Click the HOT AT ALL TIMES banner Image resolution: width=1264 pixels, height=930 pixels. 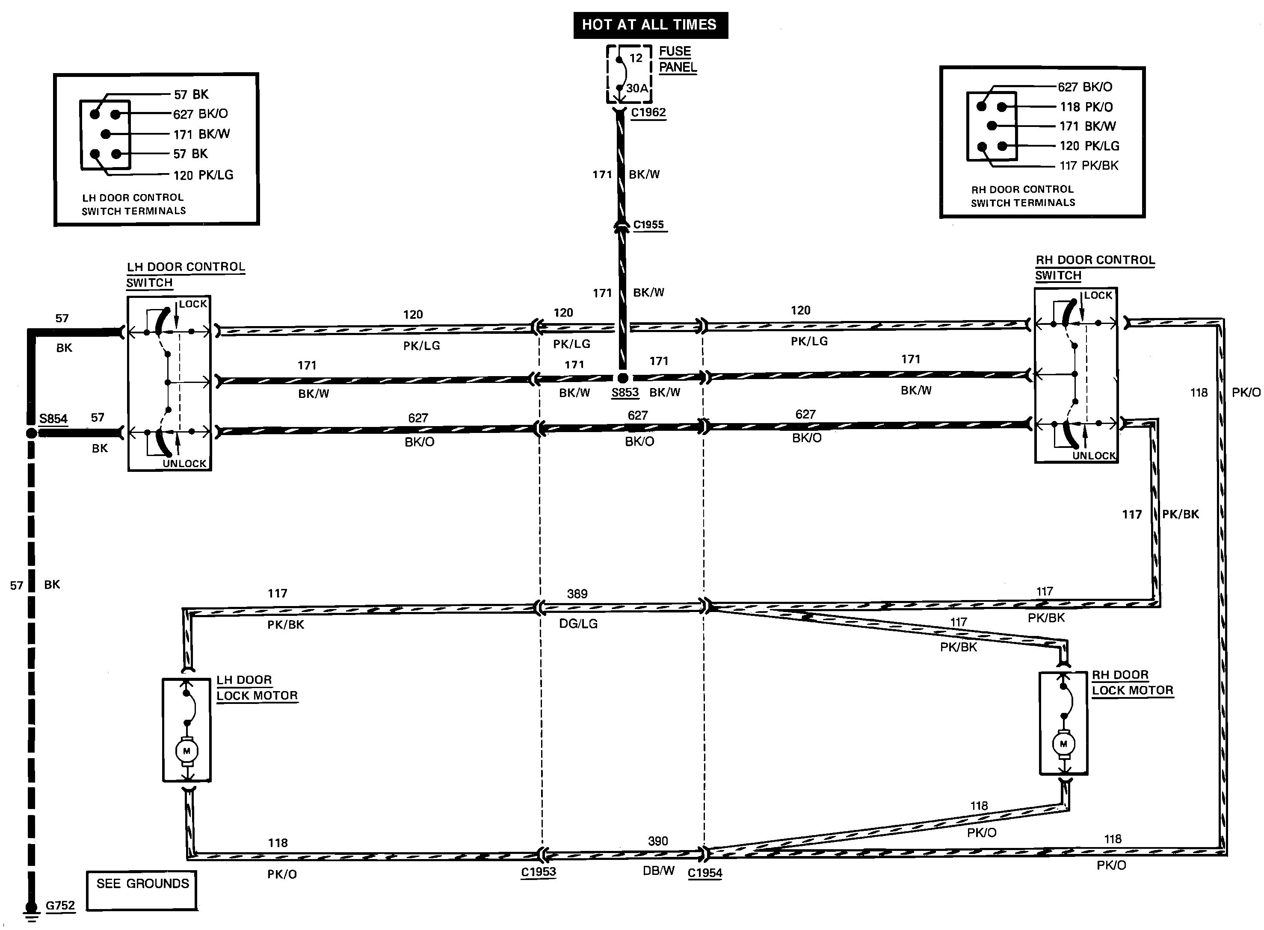click(650, 25)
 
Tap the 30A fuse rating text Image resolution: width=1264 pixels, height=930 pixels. click(636, 88)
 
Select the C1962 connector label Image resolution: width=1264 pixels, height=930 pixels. click(648, 112)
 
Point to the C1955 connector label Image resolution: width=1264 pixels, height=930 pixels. click(649, 225)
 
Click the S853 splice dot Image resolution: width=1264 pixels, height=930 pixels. click(622, 378)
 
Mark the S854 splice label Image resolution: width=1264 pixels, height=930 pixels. click(53, 419)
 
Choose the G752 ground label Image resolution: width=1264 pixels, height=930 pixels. click(60, 906)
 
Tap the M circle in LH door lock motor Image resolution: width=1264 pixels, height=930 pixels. click(186, 751)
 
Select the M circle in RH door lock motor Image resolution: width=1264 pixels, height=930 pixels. click(1063, 744)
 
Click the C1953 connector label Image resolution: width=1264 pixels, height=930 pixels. click(538, 872)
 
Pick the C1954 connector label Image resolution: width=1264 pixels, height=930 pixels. click(705, 873)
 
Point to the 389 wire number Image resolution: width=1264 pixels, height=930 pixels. click(577, 594)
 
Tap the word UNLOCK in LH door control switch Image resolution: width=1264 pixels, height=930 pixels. click(184, 464)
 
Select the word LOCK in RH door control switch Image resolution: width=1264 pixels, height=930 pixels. click(1098, 296)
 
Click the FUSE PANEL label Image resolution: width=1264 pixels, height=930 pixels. click(678, 59)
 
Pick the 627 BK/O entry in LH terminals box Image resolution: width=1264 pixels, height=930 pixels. click(201, 114)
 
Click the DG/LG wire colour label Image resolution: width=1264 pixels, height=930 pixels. click(578, 624)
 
